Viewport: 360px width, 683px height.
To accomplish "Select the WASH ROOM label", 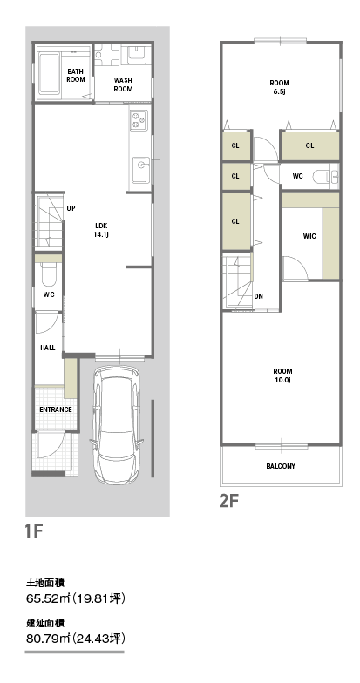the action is pyautogui.click(x=124, y=85).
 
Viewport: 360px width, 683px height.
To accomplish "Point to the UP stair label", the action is pyautogui.click(x=71, y=209).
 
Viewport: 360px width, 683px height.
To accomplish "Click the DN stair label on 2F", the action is pyautogui.click(x=258, y=296).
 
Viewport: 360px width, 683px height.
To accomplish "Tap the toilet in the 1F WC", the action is pyautogui.click(x=48, y=274).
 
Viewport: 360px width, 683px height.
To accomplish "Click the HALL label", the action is pyautogui.click(x=47, y=348).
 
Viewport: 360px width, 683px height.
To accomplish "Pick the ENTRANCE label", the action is pyautogui.click(x=56, y=409).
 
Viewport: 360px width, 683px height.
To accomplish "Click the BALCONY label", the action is pyautogui.click(x=281, y=466).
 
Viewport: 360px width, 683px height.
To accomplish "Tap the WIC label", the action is pyautogui.click(x=309, y=237).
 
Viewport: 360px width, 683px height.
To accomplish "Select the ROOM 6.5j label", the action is pyautogui.click(x=279, y=87).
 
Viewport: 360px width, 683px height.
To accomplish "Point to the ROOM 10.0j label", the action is pyautogui.click(x=282, y=375).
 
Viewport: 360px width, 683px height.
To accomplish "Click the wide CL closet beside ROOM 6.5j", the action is pyautogui.click(x=309, y=146).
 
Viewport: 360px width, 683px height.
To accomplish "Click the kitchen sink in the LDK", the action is pyautogui.click(x=141, y=169).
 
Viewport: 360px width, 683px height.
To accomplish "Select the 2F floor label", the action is pyautogui.click(x=228, y=502).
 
